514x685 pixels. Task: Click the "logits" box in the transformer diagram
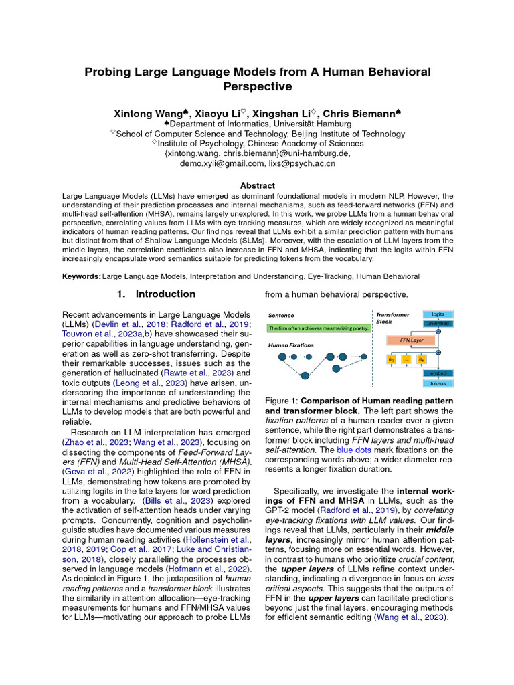(438, 314)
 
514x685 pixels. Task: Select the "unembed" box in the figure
(438, 324)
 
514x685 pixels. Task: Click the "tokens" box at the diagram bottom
(438, 383)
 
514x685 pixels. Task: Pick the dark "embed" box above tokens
(438, 373)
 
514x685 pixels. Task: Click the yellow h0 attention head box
(392, 359)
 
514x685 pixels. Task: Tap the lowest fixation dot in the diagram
(305, 375)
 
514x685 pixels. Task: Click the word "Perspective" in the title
(257, 86)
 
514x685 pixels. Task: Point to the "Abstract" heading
(257, 185)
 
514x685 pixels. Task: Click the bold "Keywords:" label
(81, 276)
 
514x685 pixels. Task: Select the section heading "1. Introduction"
(156, 294)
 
